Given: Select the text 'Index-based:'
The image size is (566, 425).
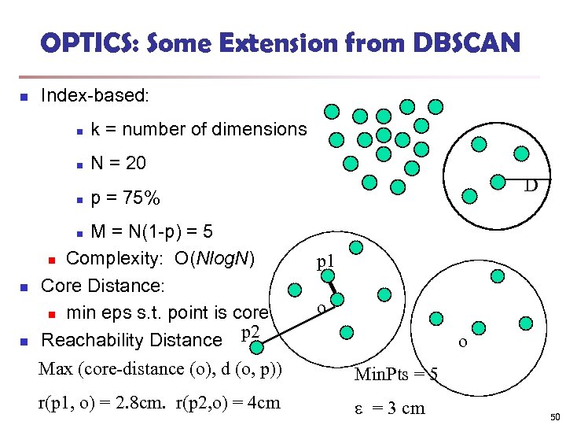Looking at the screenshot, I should pyautogui.click(x=94, y=96).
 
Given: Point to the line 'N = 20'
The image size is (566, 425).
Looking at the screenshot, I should pyautogui.click(x=118, y=164).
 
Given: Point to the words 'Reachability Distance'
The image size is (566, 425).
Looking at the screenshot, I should pyautogui.click(x=131, y=340).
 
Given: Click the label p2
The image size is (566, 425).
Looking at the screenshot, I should pyautogui.click(x=250, y=333).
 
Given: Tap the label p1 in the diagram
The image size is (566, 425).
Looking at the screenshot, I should pyautogui.click(x=325, y=261).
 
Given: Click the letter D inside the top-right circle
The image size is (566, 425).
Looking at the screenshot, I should pyautogui.click(x=531, y=187).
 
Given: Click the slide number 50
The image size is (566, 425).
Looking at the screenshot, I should pyautogui.click(x=554, y=416).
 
